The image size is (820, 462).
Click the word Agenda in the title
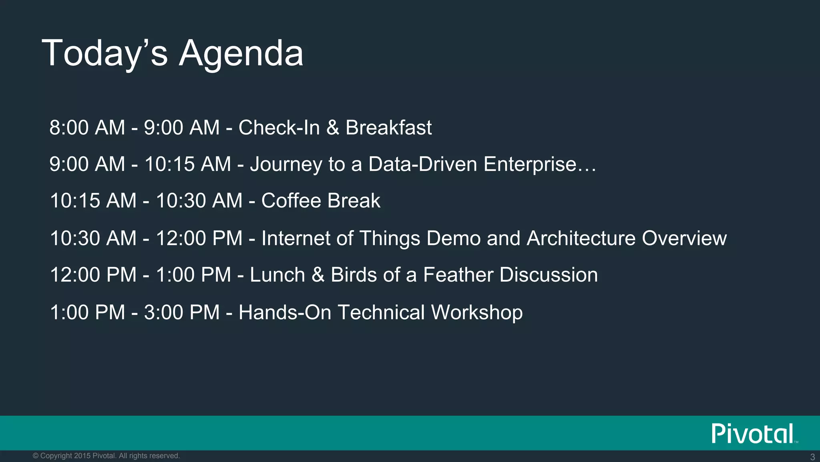(x=241, y=53)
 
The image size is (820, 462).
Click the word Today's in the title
(x=105, y=53)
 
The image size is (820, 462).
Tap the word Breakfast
(x=388, y=128)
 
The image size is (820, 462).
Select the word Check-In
(x=279, y=128)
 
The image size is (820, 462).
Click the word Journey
(x=286, y=164)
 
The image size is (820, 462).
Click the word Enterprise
(x=530, y=164)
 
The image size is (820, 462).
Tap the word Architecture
(x=581, y=238)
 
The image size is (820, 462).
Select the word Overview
(x=684, y=238)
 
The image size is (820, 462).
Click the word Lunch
(x=277, y=275)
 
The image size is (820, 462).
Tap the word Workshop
(x=476, y=312)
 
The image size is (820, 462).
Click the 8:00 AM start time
(x=87, y=128)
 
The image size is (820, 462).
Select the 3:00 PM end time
(x=182, y=312)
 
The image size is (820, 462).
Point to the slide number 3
(x=812, y=457)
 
